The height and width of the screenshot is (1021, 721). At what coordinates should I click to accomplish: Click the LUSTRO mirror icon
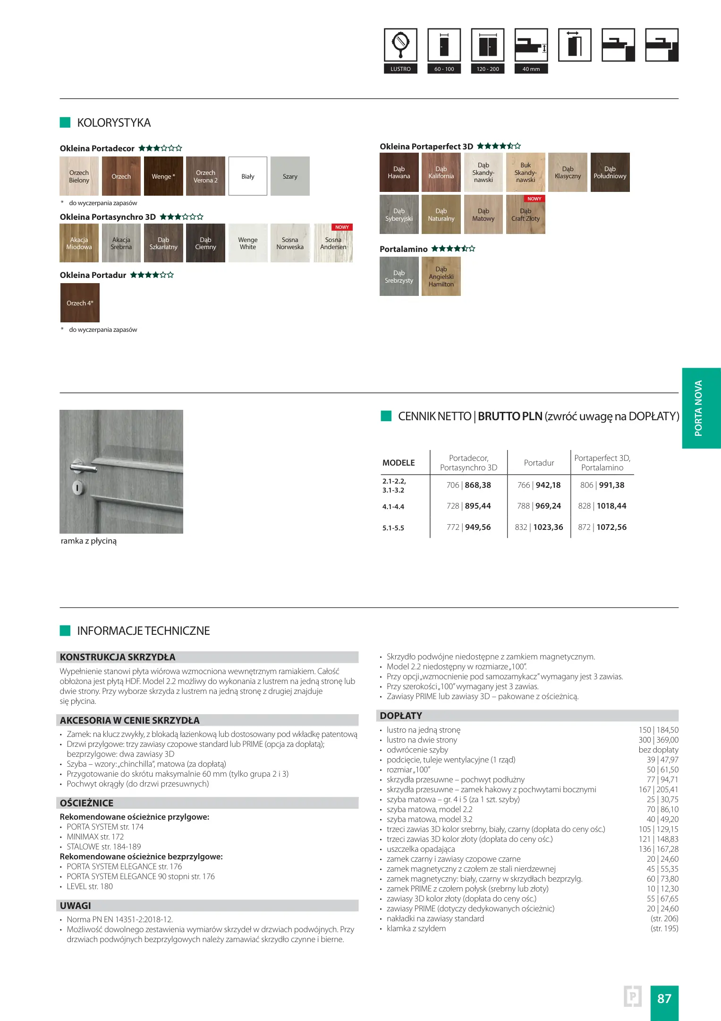pos(400,45)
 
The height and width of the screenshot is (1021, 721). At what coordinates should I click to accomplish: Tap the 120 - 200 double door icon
pos(487,45)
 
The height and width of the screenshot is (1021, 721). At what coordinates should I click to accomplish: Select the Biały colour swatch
pos(248,176)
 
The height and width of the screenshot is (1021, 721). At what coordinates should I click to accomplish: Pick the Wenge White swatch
pos(248,243)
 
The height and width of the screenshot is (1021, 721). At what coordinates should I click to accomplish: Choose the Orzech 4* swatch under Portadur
pos(80,303)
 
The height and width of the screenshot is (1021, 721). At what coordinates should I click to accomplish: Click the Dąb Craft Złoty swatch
pos(526,215)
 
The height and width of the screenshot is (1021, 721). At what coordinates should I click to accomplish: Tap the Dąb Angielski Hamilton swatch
pos(441,277)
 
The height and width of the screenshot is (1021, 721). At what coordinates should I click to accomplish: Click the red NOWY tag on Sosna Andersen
pos(342,227)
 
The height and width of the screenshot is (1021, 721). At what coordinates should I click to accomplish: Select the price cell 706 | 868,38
pos(468,485)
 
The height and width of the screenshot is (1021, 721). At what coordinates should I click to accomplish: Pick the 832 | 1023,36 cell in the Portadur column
pos(539,527)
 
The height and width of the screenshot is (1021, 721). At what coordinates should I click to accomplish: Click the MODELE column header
pos(399,463)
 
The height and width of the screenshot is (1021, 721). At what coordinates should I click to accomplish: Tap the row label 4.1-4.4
pos(393,507)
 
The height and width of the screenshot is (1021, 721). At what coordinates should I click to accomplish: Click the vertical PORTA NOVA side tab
pos(701,408)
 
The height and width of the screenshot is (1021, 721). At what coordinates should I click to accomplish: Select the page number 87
pos(664,998)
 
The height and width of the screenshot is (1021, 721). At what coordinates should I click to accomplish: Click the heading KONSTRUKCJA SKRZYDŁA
pos(118,657)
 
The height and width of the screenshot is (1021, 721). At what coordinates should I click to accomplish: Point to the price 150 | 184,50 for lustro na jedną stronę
pos(658,730)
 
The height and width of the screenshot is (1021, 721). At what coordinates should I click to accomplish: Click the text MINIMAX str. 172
pos(95,837)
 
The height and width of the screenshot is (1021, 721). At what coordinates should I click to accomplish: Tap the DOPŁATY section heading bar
pos(528,716)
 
